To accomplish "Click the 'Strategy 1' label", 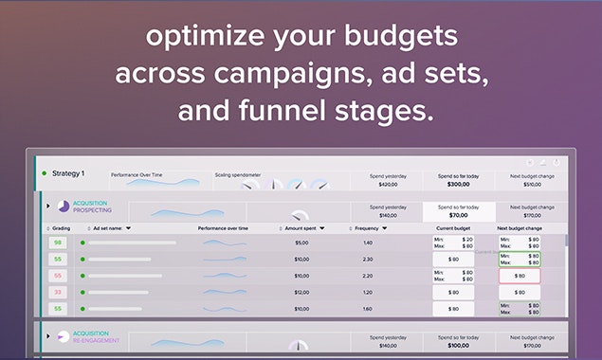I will click(68, 173).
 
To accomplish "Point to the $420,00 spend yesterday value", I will click(389, 186).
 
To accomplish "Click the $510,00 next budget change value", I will click(525, 186).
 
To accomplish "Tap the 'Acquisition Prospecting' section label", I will click(92, 207).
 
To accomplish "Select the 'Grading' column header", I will click(62, 228).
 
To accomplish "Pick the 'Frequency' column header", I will click(367, 228).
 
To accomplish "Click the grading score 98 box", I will click(58, 243).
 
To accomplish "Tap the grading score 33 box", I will click(58, 292).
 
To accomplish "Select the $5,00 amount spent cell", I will click(301, 243).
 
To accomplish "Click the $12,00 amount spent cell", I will click(301, 292).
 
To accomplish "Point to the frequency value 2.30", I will click(367, 259).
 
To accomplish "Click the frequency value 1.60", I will click(367, 308).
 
